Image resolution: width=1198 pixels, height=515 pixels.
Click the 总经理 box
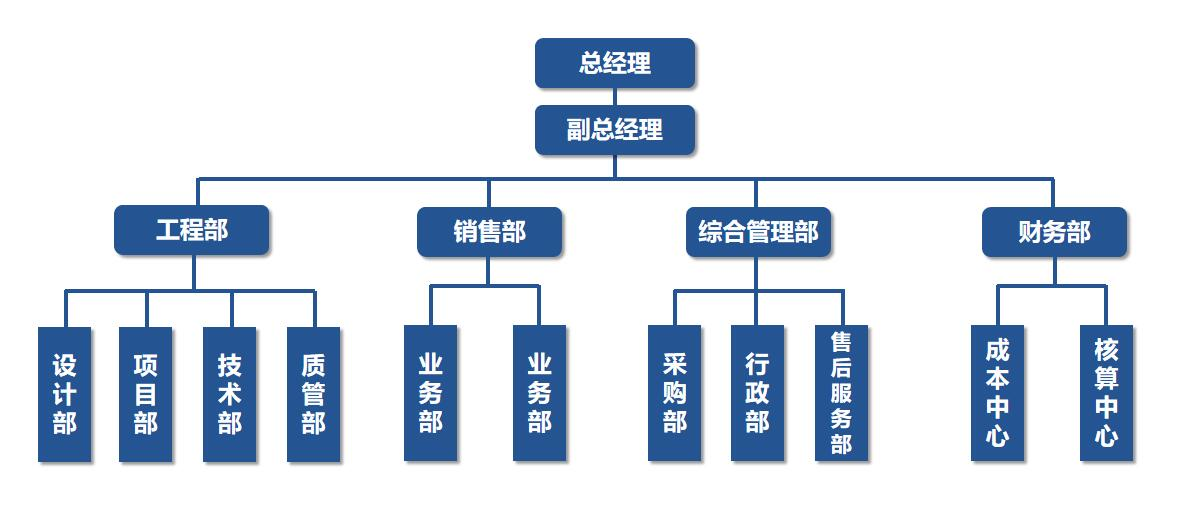[x=614, y=63]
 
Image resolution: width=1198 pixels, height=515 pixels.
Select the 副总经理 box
[x=614, y=130]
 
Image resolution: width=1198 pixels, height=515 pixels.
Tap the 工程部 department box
[x=192, y=231]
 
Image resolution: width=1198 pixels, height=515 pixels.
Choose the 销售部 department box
[x=489, y=232]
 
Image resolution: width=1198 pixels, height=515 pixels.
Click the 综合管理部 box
[x=758, y=232]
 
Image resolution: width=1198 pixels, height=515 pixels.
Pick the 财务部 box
[x=1054, y=232]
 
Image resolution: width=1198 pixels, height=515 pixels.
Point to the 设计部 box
[x=65, y=394]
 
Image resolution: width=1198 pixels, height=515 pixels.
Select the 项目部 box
[x=146, y=394]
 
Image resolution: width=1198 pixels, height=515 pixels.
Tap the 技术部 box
[x=230, y=394]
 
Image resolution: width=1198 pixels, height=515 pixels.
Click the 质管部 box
[x=313, y=394]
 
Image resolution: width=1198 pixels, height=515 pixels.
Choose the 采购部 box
[x=674, y=393]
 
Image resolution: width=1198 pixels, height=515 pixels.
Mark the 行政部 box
[x=757, y=393]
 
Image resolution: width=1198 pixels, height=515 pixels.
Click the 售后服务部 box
[x=841, y=393]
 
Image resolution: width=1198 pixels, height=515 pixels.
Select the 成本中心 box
[x=998, y=393]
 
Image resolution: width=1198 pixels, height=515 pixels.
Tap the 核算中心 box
[x=1106, y=393]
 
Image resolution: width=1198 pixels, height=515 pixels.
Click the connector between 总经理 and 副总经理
[x=615, y=96]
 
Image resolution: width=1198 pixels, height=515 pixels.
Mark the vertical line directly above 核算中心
[x=1106, y=305]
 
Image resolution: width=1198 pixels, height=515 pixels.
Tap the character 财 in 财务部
[x=1030, y=232]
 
